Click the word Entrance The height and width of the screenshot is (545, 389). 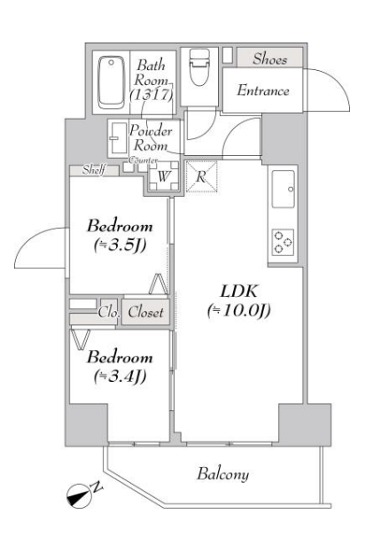tap(264, 91)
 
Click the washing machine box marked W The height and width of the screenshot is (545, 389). tap(163, 175)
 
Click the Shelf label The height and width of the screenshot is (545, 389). tap(91, 168)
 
